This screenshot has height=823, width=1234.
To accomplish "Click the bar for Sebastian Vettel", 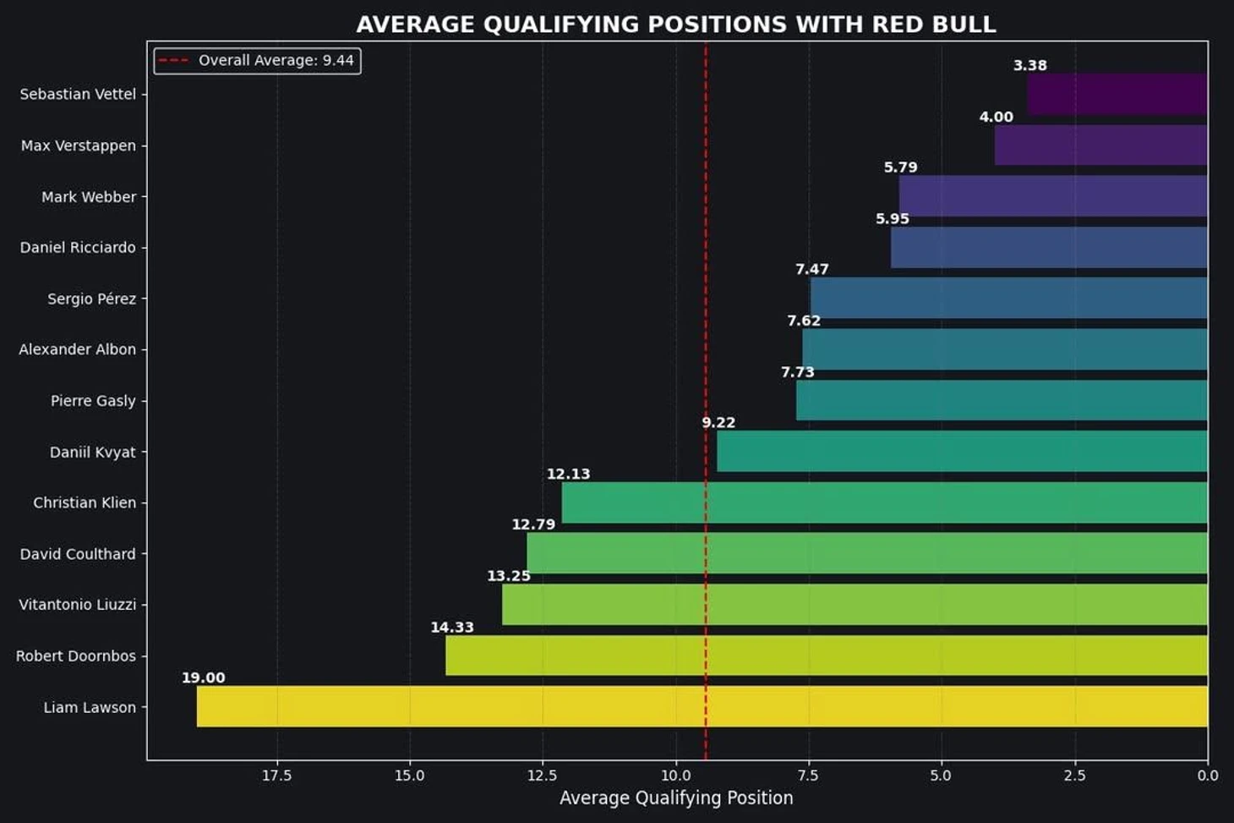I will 1117,94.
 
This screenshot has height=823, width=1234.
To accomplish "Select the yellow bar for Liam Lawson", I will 702,706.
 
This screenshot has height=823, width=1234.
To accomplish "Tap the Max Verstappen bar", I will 1100,145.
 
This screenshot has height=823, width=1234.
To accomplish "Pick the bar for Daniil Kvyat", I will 962,451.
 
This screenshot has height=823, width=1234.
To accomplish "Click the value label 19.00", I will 203,678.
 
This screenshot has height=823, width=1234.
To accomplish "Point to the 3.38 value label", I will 1029,65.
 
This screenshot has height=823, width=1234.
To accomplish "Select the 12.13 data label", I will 568,474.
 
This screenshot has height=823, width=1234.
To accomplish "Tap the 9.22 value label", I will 718,422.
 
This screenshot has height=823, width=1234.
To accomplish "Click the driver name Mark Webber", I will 89,197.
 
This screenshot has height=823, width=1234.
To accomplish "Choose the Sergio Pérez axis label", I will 91,299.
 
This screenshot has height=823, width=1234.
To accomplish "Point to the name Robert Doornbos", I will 76,656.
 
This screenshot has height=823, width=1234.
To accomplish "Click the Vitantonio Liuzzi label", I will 78,605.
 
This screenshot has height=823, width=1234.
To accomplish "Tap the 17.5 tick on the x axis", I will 276,776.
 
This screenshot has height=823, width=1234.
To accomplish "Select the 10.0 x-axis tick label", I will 675,776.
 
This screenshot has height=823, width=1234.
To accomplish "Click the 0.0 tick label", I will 1208,776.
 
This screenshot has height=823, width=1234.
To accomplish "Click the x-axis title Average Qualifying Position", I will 676,798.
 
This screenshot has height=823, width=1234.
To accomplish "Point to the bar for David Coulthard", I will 867,553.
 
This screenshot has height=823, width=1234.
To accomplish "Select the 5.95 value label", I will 892,218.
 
